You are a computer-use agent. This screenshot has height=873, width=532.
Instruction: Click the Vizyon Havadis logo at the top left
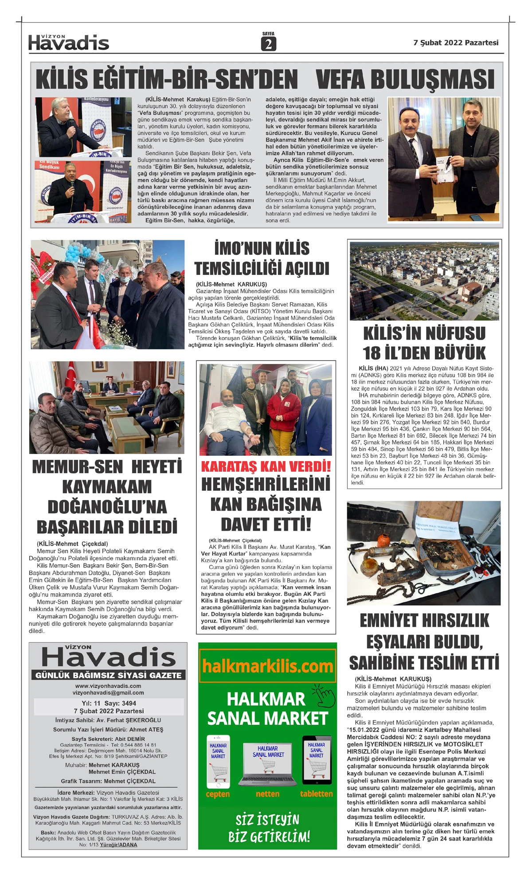68,43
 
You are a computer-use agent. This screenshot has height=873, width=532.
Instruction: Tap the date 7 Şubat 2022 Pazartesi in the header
456,43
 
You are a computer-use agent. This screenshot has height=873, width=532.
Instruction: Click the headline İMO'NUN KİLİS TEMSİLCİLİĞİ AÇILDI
262,258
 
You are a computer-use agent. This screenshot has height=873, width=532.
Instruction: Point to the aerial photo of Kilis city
424,281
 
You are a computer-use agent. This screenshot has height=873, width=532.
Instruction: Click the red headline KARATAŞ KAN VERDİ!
266,466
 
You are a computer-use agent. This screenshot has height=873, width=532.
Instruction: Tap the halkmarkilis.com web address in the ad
267,666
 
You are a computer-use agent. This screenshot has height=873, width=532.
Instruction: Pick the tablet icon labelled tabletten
317,760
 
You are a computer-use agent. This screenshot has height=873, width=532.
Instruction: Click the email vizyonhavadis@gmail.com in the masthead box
108,693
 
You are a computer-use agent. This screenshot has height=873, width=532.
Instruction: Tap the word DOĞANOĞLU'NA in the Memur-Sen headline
107,507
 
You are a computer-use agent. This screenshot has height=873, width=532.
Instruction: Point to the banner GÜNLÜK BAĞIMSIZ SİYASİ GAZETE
108,675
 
